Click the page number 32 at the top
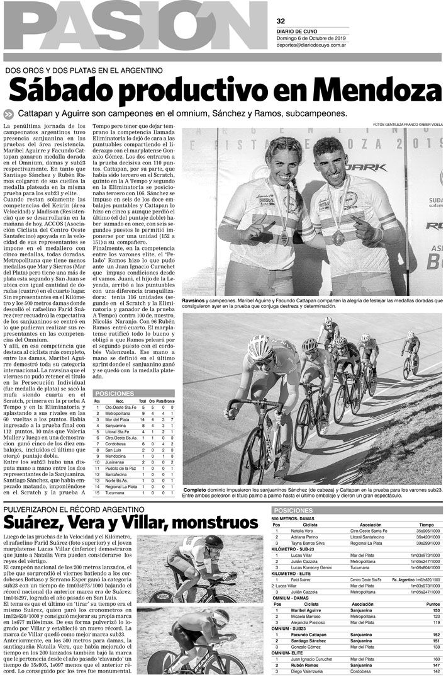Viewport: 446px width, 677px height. [281, 21]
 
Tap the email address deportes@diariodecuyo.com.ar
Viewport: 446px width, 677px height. [319, 45]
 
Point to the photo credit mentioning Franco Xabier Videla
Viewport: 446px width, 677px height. [408, 124]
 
